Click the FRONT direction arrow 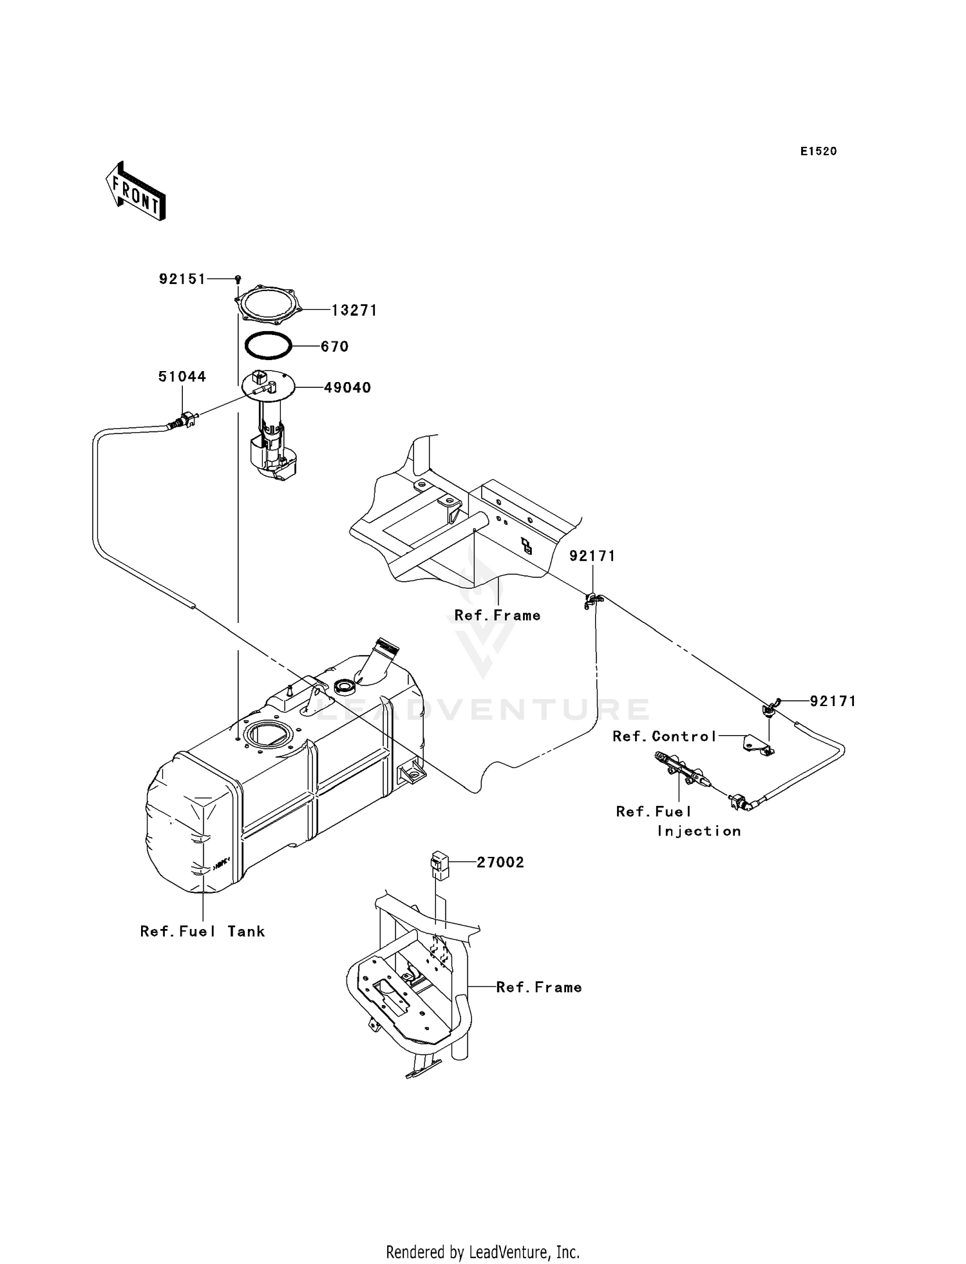(135, 191)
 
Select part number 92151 (182, 279)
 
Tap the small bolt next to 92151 (238, 278)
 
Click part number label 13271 (354, 311)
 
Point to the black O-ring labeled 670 (268, 346)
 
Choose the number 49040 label (347, 388)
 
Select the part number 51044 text (182, 377)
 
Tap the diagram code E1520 (819, 151)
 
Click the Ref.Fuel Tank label (202, 931)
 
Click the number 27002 (500, 863)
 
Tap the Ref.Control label (665, 736)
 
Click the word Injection (699, 831)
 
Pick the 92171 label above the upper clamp (592, 556)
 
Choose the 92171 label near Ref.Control (833, 701)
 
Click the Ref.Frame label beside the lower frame (539, 987)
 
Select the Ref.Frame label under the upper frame (497, 615)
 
